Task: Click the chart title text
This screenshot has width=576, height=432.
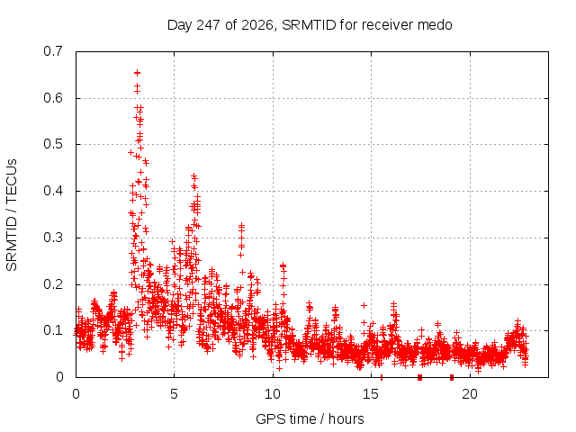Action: [x=310, y=25]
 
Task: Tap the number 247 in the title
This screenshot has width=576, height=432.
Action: [x=209, y=25]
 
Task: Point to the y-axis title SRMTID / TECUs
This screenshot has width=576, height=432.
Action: [x=12, y=215]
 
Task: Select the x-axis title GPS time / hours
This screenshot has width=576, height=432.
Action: [x=310, y=418]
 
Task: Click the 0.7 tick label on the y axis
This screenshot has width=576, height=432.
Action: [x=53, y=51]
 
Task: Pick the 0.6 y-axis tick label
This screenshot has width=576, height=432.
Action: [x=53, y=98]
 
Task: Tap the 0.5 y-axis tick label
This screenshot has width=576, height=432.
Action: [x=53, y=144]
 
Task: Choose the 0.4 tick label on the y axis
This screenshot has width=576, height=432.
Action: [x=53, y=191]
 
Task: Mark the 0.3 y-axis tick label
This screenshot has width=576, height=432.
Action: [x=53, y=238]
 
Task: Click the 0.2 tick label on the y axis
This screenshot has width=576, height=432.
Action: [x=53, y=284]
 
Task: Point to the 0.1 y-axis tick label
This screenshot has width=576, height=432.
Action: [x=53, y=330]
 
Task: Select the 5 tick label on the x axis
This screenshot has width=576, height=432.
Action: [x=174, y=394]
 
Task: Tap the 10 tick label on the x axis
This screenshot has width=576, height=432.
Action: [x=273, y=394]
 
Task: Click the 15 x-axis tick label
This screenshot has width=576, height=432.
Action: [x=371, y=394]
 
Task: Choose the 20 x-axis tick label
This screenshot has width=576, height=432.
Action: [x=470, y=394]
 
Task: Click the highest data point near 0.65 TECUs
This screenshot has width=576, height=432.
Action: [x=137, y=73]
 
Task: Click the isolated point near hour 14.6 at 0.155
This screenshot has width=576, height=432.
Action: [x=364, y=305]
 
